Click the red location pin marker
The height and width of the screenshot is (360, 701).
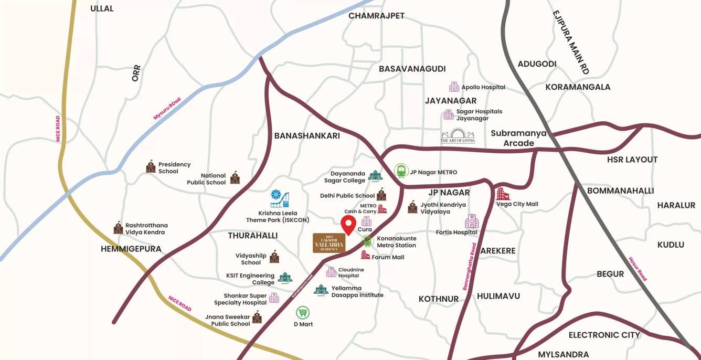point(348,224)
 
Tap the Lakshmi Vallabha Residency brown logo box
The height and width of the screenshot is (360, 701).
point(329,243)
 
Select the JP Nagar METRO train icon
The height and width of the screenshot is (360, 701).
point(401,171)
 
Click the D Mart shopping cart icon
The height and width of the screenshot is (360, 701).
point(303,313)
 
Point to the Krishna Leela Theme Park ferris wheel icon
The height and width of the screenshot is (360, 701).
point(280,198)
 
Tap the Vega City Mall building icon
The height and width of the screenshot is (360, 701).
point(502,194)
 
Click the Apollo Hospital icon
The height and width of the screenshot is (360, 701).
point(454,87)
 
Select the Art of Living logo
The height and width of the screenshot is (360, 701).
point(458,135)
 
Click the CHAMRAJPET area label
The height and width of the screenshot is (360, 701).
point(376,16)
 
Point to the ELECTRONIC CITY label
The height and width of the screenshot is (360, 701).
point(604,335)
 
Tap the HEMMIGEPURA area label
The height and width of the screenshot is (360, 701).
point(131,249)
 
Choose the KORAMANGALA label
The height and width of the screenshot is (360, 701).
point(578,87)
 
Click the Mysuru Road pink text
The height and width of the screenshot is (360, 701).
point(167,109)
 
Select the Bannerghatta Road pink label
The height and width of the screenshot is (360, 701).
point(469,267)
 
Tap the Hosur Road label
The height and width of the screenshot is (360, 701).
point(638,268)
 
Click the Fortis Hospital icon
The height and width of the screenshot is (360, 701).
point(472,221)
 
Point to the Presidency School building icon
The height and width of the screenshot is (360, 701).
point(151,166)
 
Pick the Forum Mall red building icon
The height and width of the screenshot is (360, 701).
point(365,255)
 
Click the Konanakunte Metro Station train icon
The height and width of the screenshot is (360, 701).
point(367,241)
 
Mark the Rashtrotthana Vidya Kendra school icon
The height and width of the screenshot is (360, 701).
point(118,228)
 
